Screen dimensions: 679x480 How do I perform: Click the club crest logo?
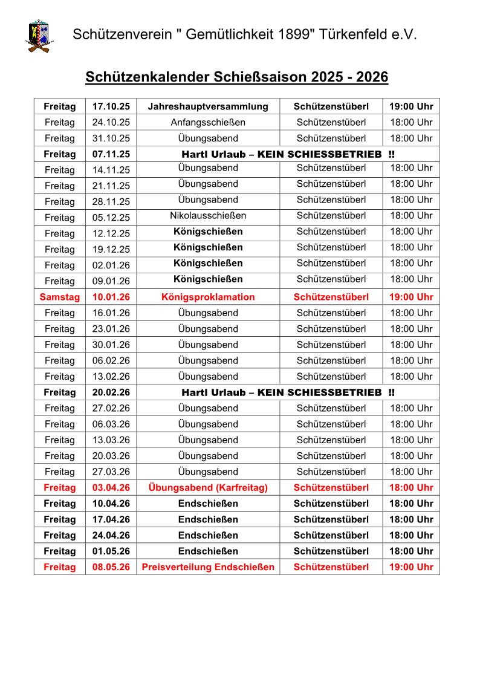pyautogui.click(x=39, y=35)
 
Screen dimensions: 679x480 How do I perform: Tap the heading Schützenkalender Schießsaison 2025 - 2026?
pyautogui.click(x=236, y=77)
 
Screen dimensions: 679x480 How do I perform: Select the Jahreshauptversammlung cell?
pyautogui.click(x=208, y=106)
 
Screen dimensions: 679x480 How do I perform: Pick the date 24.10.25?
pyautogui.click(x=111, y=122)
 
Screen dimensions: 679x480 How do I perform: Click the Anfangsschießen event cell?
pyautogui.click(x=208, y=122)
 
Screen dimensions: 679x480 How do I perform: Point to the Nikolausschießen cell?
pyautogui.click(x=208, y=216)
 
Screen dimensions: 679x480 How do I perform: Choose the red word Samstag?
pyautogui.click(x=59, y=297)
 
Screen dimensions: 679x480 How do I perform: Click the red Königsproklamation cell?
pyautogui.click(x=208, y=297)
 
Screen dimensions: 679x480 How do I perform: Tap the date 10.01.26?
pyautogui.click(x=111, y=297)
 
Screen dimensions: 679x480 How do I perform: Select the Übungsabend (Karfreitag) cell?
pyautogui.click(x=208, y=487)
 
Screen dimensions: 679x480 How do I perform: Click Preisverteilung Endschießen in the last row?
pyautogui.click(x=208, y=567)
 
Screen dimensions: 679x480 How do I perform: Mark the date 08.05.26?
pyautogui.click(x=111, y=567)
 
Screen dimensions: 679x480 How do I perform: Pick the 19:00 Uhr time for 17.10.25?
pyautogui.click(x=411, y=106)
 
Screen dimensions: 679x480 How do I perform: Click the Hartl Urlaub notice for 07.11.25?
pyautogui.click(x=288, y=154)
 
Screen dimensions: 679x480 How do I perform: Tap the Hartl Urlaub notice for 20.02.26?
pyautogui.click(x=288, y=392)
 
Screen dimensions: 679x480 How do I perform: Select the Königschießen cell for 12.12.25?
pyautogui.click(x=208, y=232)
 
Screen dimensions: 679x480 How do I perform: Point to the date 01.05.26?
pyautogui.click(x=111, y=551)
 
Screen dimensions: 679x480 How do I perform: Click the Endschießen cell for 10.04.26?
pyautogui.click(x=208, y=503)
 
